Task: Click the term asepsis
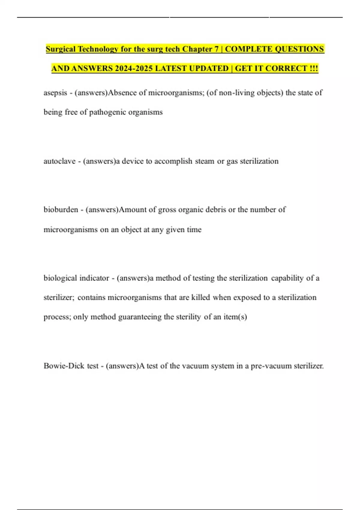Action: tap(55, 93)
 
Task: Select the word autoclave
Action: tap(59, 161)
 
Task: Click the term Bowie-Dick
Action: tap(64, 366)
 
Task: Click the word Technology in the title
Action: tap(98, 49)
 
